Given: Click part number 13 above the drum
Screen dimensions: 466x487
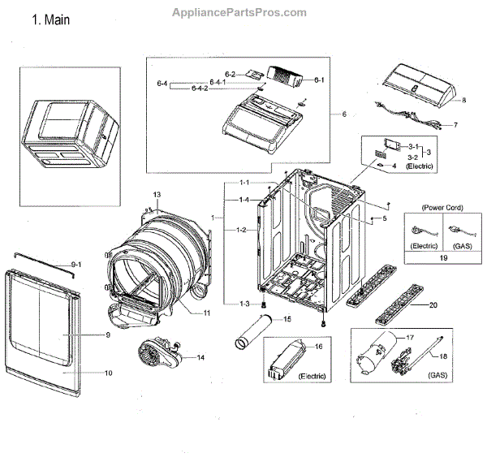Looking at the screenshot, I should pos(157,194).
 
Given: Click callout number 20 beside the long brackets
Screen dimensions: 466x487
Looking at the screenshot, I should pos(433,305).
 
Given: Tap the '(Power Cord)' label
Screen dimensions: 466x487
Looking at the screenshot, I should pos(437,206).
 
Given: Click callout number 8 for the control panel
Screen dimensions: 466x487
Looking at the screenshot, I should pos(464,100).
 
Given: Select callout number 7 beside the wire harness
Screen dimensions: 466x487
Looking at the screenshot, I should pos(455,126).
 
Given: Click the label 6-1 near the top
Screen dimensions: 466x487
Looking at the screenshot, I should pos(320,80).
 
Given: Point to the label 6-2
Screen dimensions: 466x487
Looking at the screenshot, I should pos(230,75).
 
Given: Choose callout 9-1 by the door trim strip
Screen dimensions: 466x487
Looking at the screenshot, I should pos(77,265).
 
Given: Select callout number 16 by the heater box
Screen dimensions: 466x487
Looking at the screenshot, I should pos(319,347).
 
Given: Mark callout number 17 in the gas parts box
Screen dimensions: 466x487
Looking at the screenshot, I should pos(409,336).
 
